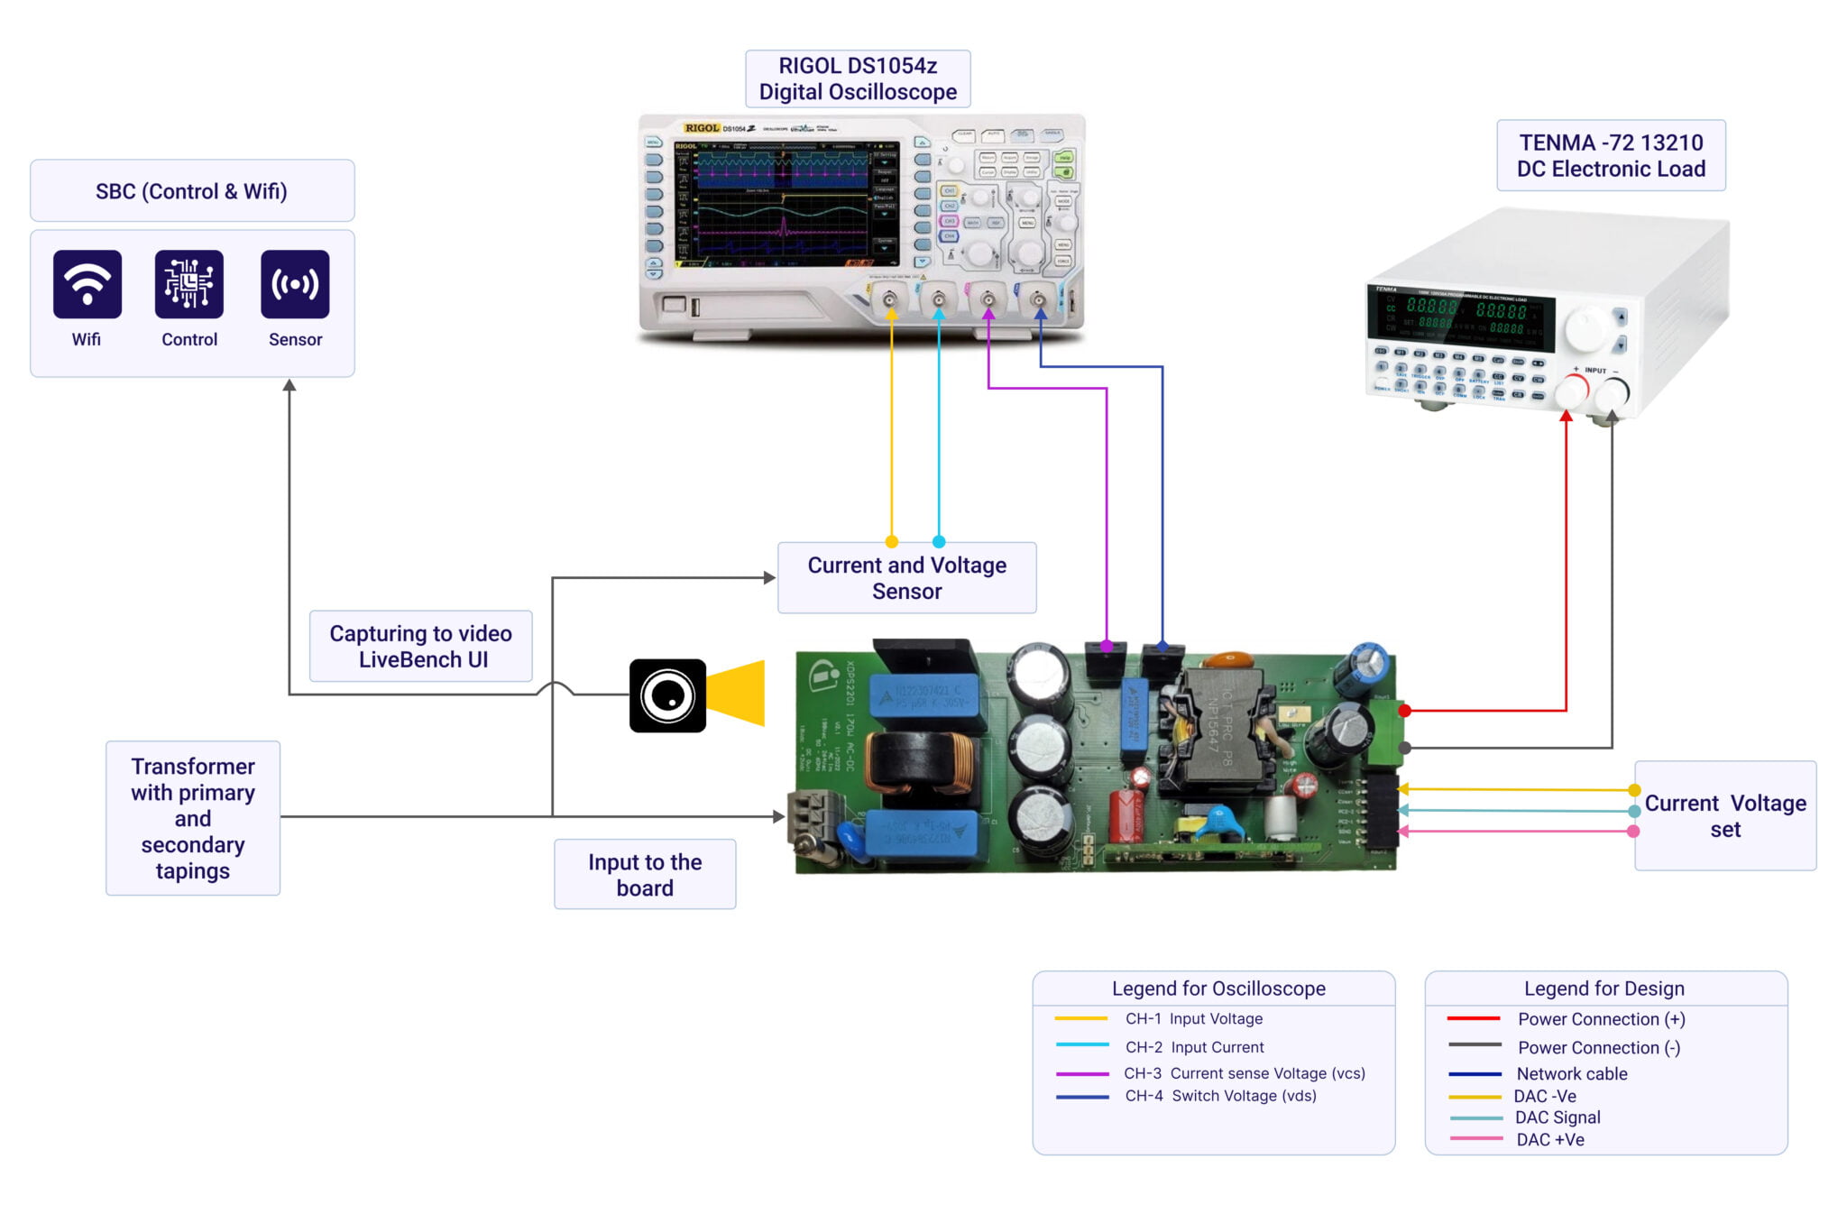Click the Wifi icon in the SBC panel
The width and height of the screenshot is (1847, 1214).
87,284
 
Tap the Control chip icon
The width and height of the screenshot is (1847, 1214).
188,284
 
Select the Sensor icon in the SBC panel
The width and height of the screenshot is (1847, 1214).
295,284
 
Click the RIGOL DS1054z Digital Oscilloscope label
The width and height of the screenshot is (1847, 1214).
858,79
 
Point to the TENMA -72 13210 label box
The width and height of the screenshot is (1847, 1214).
1611,155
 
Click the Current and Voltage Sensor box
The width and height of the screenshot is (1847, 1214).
906,578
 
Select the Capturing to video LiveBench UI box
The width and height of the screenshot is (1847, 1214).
421,647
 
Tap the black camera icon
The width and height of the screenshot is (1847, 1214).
667,695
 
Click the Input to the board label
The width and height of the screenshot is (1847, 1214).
645,875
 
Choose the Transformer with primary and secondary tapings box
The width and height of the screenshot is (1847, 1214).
193,818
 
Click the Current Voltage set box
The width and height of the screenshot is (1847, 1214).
1724,816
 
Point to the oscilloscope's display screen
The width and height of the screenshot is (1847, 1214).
785,204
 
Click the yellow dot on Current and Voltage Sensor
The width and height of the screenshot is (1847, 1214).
892,542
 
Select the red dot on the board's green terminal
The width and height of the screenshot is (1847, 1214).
1404,711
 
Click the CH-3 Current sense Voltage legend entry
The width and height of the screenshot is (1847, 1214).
1245,1073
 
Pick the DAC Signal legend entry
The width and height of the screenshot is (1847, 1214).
1558,1117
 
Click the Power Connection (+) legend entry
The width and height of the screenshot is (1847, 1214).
1601,1019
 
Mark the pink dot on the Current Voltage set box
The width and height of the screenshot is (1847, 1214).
1633,831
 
